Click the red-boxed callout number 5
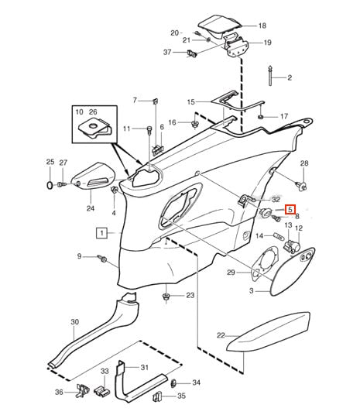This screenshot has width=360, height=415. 290,209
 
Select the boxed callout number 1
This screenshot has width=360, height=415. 101,233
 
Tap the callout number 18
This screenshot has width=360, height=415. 262,26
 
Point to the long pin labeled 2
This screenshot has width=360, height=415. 270,75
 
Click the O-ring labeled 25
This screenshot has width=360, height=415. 50,185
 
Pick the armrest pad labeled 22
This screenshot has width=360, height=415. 268,332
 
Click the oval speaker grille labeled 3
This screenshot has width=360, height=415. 292,271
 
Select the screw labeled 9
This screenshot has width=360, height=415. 102,259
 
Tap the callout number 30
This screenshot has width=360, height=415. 75,322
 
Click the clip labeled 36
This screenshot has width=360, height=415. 82,391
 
